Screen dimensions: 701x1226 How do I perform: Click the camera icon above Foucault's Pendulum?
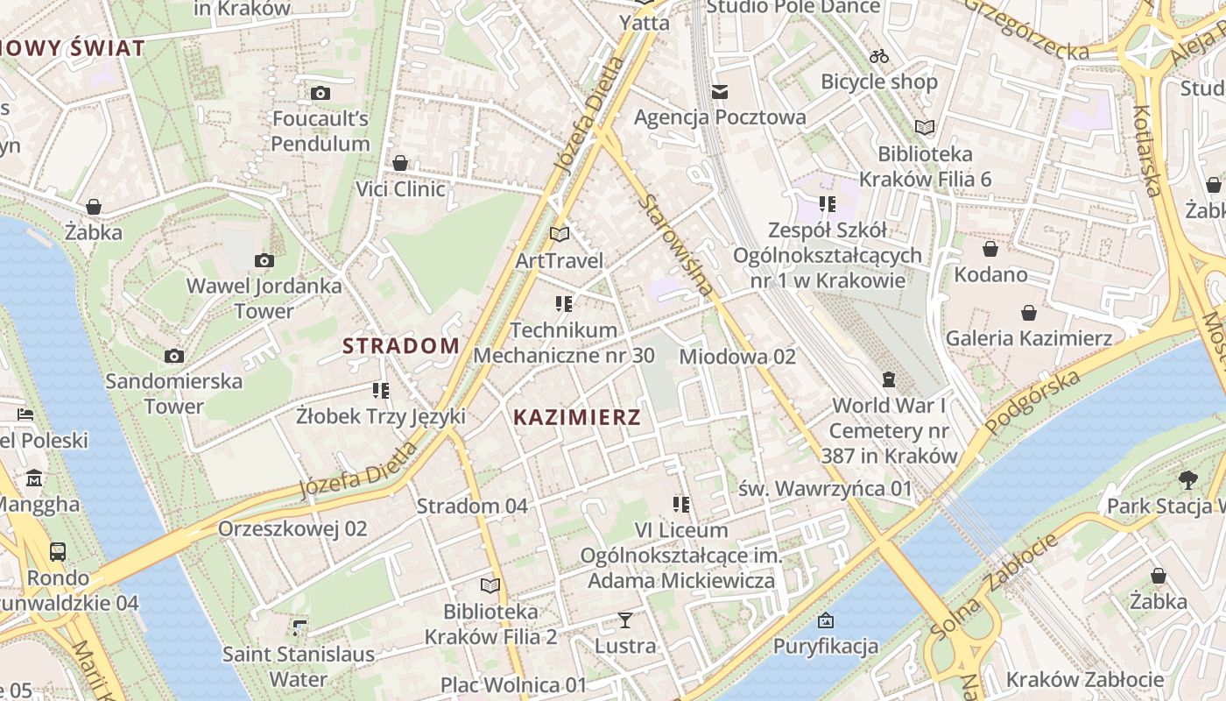pos(321,93)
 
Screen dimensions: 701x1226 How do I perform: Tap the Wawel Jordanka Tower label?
pos(264,298)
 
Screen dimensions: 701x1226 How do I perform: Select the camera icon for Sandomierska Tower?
pos(174,356)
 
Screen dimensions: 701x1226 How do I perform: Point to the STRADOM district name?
pos(401,345)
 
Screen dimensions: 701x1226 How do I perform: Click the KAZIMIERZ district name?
pos(577,417)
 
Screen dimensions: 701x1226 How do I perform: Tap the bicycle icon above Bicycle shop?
pos(879,57)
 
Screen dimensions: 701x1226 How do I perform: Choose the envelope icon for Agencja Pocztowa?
pos(720,91)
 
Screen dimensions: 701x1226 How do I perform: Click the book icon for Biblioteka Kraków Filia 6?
pos(925,128)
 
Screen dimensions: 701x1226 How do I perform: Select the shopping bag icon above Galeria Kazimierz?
pos(1029,313)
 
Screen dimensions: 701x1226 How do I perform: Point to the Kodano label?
pos(990,274)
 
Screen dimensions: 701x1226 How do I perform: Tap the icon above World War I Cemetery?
pos(889,379)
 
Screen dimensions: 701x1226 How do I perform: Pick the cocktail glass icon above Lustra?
pos(624,620)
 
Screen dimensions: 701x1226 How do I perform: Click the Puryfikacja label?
pos(825,647)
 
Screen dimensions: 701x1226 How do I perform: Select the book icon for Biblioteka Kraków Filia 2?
pos(490,585)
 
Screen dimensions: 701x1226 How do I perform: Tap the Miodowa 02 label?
pos(737,356)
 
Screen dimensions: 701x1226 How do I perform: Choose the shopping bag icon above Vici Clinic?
pos(400,163)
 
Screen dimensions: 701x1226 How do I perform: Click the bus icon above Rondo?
pos(58,552)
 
